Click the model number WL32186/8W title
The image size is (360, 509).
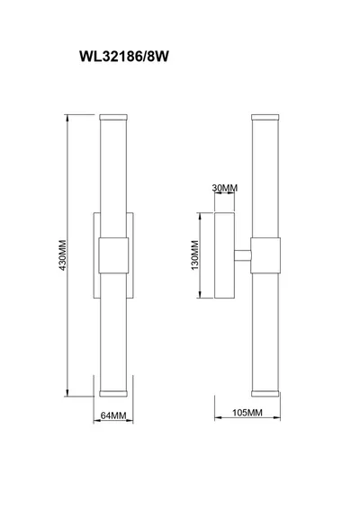tap(124, 57)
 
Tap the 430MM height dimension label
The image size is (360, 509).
tap(62, 255)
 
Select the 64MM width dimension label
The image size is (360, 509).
tap(113, 415)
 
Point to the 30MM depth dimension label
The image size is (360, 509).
tap(224, 188)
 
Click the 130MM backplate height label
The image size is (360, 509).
tap(194, 255)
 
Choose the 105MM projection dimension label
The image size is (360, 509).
tap(247, 413)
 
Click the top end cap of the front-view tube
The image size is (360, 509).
tap(113, 117)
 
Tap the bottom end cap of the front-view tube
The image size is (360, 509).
tap(113, 393)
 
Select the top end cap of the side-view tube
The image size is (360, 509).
tap(265, 117)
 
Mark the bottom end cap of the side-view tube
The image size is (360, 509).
tap(265, 393)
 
